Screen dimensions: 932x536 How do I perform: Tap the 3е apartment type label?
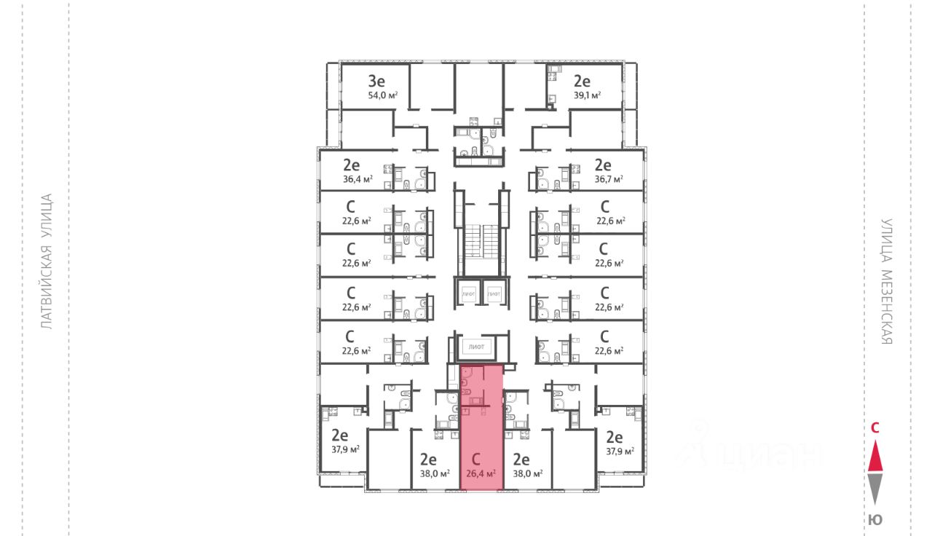376,81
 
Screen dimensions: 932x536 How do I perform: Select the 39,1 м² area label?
586,95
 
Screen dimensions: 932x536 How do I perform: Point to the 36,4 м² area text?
358,179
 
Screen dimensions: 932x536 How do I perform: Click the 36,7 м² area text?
609,179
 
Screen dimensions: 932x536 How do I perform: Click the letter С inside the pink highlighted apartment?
476,460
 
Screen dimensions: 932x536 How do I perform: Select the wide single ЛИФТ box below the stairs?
477,347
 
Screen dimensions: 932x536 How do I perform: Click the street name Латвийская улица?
47,261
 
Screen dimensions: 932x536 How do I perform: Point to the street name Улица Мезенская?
886,282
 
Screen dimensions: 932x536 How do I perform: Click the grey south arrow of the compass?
876,489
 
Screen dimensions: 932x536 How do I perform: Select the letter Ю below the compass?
876,519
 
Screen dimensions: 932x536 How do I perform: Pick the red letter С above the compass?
876,428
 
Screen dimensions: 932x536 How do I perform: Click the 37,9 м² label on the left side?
345,450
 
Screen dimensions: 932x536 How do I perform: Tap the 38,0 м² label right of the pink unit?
528,473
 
